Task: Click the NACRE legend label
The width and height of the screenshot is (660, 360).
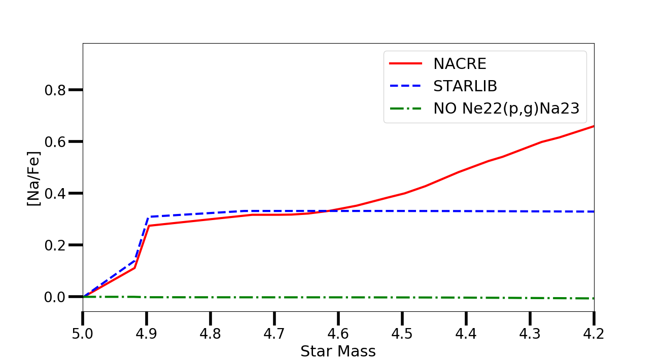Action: (460, 64)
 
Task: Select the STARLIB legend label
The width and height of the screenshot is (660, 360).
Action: (465, 86)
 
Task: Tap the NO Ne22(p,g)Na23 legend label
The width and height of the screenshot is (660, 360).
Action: (506, 109)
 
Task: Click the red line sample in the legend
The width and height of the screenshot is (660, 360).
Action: (406, 64)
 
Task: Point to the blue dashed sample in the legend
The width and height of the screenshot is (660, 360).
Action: (406, 86)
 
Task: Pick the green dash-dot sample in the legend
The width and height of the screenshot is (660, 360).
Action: (406, 109)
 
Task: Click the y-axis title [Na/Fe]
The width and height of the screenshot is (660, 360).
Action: (34, 177)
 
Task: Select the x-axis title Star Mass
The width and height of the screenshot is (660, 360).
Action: (338, 351)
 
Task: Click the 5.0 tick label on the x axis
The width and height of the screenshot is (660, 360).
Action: (83, 334)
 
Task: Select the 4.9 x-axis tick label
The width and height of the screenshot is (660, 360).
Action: (147, 334)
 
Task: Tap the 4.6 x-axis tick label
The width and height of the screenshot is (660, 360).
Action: (338, 334)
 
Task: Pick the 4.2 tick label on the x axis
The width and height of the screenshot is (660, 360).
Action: (594, 334)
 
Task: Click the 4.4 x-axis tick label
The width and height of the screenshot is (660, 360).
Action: (466, 334)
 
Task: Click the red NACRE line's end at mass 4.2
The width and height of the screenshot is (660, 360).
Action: (594, 126)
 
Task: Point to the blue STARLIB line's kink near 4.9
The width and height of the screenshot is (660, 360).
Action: (149, 217)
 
